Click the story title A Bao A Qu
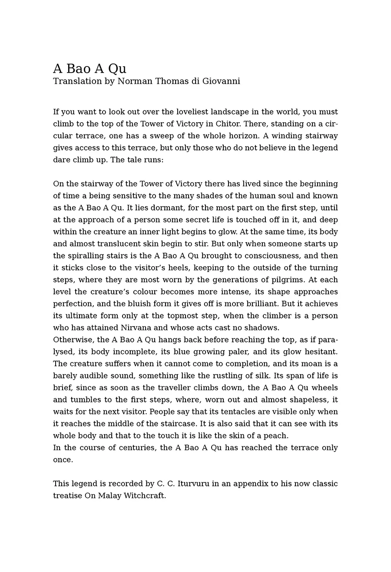pos(89,69)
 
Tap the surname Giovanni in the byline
pos(221,81)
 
